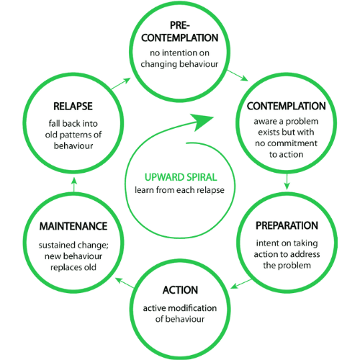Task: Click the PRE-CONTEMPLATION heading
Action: pos(180,32)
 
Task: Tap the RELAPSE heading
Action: pos(73,107)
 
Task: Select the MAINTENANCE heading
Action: pos(73,226)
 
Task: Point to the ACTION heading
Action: pos(180,290)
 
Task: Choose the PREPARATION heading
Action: pos(287,225)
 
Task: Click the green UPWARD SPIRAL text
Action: pos(181,177)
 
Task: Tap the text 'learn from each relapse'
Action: pos(179,190)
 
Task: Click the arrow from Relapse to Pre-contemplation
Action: pos(121,84)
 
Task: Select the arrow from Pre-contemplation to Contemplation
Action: pos(238,76)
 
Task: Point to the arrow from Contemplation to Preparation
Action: pos(287,181)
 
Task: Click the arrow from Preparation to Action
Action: pos(241,284)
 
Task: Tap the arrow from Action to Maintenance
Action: pos(125,283)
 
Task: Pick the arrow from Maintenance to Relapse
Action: pos(74,185)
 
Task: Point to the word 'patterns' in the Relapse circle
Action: pos(76,135)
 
